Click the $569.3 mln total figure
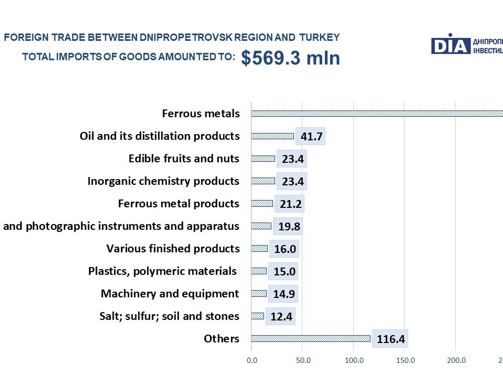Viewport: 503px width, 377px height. [x=290, y=58]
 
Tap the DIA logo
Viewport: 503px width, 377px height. [x=450, y=46]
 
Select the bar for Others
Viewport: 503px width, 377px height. [x=311, y=338]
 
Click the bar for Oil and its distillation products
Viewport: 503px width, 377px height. [x=272, y=136]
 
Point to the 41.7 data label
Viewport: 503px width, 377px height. [x=311, y=137]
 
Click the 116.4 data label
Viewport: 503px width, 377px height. [x=390, y=339]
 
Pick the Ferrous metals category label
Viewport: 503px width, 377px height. [x=201, y=113]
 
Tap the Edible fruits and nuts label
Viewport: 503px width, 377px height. [x=184, y=158]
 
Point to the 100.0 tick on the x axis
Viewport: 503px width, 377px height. [x=354, y=360]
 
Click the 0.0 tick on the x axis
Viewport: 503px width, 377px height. [x=251, y=360]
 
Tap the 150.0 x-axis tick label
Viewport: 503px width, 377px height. [x=406, y=360]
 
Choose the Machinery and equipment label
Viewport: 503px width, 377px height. [x=170, y=293]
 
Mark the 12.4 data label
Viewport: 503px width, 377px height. [x=281, y=316]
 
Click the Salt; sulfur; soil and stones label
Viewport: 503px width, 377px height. [x=169, y=316]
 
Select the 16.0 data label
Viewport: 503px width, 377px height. [x=285, y=249]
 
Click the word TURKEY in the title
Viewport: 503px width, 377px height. [x=320, y=37]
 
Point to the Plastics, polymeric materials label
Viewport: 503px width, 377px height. [x=162, y=271]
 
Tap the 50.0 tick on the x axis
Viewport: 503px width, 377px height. [x=303, y=360]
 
